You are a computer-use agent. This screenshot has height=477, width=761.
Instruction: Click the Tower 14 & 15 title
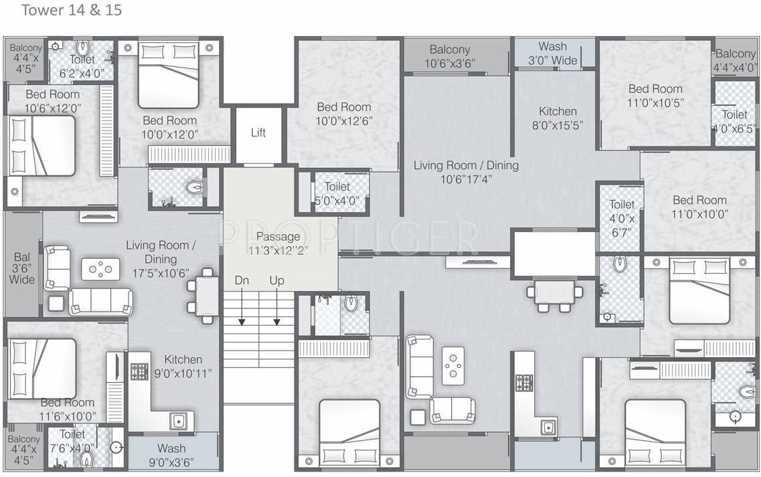tap(72, 10)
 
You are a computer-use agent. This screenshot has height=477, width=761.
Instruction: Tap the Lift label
tap(258, 132)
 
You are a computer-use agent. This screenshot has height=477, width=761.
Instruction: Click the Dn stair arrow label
tap(242, 281)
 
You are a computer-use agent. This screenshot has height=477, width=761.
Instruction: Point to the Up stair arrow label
tap(276, 281)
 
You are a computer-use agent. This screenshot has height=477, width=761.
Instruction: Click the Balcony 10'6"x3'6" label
tap(450, 56)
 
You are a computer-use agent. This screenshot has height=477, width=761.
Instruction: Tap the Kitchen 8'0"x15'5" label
tap(558, 118)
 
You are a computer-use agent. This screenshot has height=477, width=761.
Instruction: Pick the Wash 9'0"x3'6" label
tap(171, 455)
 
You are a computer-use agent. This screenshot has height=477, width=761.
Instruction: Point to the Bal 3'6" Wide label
tap(22, 268)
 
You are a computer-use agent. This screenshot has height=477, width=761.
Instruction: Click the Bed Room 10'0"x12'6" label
tap(344, 114)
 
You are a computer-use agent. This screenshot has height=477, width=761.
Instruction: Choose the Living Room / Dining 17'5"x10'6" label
tap(161, 259)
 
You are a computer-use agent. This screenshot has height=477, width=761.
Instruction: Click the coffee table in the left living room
tap(100, 269)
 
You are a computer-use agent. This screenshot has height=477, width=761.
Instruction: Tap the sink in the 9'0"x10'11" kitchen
tap(178, 421)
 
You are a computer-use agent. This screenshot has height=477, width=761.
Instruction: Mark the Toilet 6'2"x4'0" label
tap(82, 66)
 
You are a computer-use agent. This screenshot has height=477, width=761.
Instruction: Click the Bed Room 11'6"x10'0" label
tap(68, 409)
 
